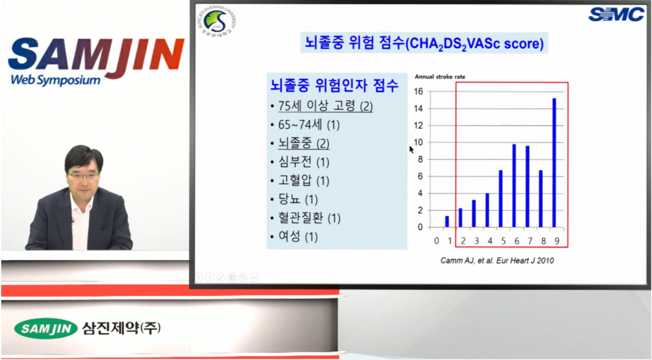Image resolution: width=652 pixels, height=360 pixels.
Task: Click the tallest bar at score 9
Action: pyautogui.click(x=554, y=163)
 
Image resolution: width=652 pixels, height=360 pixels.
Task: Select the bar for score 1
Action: pyautogui.click(x=447, y=221)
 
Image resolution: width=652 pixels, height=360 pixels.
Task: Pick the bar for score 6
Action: pyautogui.click(x=514, y=185)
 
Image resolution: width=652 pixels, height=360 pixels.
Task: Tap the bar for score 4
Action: pyautogui.click(x=487, y=210)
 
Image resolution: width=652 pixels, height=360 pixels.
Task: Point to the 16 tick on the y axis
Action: pyautogui.click(x=418, y=91)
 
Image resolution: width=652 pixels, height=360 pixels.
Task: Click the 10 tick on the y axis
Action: pyautogui.click(x=418, y=142)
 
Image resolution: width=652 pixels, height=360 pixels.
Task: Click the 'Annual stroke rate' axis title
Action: pyautogui.click(x=440, y=77)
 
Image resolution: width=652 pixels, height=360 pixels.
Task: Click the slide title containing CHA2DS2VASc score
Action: pyautogui.click(x=424, y=42)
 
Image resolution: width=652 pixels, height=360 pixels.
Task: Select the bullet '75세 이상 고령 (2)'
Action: pyautogui.click(x=325, y=107)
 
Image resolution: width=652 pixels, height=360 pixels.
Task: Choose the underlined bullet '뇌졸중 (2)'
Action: pyautogui.click(x=303, y=144)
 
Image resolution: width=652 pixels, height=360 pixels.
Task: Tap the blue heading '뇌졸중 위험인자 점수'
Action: pyautogui.click(x=334, y=85)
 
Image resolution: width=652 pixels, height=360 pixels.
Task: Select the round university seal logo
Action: pyautogui.click(x=215, y=23)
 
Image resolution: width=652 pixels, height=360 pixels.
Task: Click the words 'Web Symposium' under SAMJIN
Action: pyautogui.click(x=55, y=80)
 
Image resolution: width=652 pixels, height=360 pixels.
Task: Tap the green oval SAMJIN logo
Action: pyautogui.click(x=46, y=328)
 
